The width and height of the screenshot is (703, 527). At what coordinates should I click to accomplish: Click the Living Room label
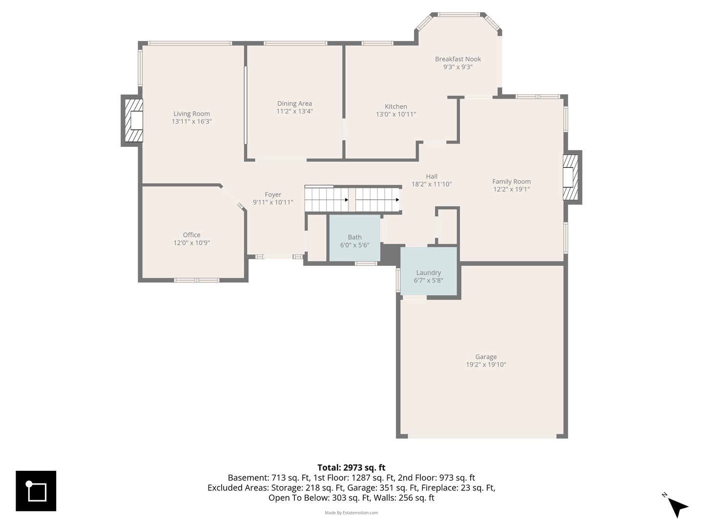pyautogui.click(x=191, y=114)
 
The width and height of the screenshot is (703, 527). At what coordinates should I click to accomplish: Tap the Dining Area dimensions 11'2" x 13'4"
pyautogui.click(x=294, y=111)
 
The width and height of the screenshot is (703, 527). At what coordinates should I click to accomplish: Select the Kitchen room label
pyautogui.click(x=396, y=106)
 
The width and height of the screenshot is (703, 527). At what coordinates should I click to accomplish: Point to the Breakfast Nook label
pyautogui.click(x=458, y=59)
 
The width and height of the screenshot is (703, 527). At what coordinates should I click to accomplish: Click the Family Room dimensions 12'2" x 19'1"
pyautogui.click(x=512, y=189)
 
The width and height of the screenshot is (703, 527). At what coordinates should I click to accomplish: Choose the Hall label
pyautogui.click(x=432, y=176)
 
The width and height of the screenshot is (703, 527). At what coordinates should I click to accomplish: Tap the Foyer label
pyautogui.click(x=273, y=195)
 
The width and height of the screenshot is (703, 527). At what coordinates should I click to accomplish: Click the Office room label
pyautogui.click(x=191, y=235)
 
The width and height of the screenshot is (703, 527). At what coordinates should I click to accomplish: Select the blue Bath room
pyautogui.click(x=354, y=238)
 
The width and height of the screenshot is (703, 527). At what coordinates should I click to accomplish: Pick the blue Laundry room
pyautogui.click(x=429, y=271)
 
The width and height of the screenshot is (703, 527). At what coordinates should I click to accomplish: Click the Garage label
pyautogui.click(x=486, y=357)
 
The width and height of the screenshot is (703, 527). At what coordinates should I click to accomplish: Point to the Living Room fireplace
pyautogui.click(x=132, y=121)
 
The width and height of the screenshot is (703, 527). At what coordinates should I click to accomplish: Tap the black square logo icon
pyautogui.click(x=36, y=491)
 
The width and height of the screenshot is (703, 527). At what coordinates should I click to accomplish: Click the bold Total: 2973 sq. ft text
pyautogui.click(x=351, y=467)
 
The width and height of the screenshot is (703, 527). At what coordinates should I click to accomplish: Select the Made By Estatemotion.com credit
pyautogui.click(x=351, y=512)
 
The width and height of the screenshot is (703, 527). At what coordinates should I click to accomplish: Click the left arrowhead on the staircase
pyautogui.click(x=347, y=200)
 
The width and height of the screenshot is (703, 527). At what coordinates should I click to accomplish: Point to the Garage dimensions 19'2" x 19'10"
pyautogui.click(x=486, y=365)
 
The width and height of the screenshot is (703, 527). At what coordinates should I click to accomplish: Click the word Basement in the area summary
pyautogui.click(x=248, y=478)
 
